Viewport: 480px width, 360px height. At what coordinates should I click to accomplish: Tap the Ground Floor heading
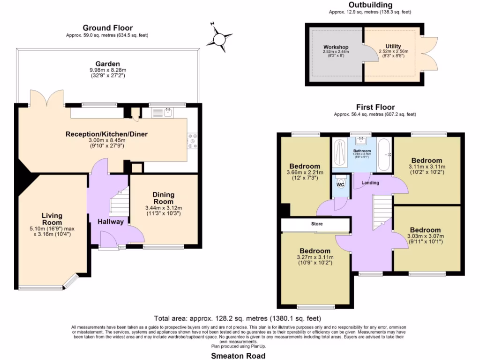[x=107, y=28]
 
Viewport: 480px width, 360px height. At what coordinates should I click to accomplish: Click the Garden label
[x=107, y=64]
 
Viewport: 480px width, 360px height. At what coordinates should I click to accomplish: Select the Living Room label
[x=52, y=219]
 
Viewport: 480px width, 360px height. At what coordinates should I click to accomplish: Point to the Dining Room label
[x=163, y=198]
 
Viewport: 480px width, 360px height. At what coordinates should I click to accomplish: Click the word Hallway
[x=111, y=222]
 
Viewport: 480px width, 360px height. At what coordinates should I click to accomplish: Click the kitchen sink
[x=168, y=112]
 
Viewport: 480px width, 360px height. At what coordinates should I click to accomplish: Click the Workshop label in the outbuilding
[x=336, y=47]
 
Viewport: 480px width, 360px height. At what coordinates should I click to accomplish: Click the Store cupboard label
[x=317, y=224]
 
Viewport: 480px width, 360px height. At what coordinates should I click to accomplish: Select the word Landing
[x=370, y=182]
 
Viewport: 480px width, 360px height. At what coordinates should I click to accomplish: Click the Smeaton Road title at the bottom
[x=238, y=356]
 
